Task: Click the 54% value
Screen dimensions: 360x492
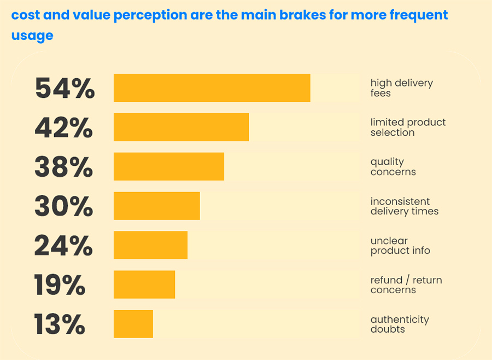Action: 65,88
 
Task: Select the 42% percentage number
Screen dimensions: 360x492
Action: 63,127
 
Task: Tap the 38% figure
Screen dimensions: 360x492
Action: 63,167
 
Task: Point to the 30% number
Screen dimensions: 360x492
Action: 63,206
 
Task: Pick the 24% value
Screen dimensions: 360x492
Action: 63,246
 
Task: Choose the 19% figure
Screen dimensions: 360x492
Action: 60,285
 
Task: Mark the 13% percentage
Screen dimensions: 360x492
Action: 60,324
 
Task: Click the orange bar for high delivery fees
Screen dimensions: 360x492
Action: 212,88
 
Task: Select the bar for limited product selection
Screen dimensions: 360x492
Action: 181,127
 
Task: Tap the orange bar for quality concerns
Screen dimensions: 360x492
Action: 169,167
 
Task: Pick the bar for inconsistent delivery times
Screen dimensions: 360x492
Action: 156,206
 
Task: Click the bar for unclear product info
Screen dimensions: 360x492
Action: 150,246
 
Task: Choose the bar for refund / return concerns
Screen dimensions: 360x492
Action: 144,285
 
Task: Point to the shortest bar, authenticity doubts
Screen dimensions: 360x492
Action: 133,324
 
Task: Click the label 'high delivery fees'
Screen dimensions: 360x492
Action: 401,88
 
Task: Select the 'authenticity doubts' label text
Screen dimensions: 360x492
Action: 399,324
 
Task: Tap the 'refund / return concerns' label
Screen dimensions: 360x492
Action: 406,285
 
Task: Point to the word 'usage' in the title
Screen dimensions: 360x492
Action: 32,36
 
